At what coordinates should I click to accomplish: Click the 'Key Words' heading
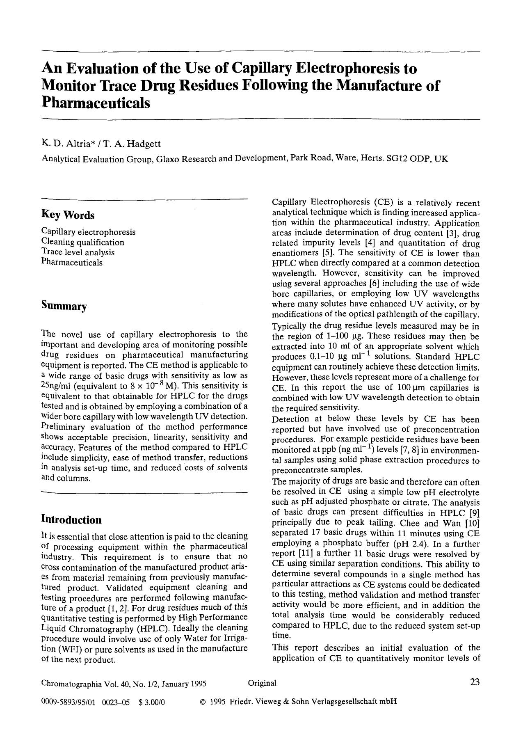(68, 215)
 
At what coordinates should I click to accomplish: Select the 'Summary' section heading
(64, 306)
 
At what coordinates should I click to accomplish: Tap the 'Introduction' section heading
(71, 519)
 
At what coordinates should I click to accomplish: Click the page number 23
(475, 682)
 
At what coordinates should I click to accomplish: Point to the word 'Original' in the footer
(262, 683)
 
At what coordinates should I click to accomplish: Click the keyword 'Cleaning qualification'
(82, 242)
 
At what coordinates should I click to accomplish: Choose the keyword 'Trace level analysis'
(78, 252)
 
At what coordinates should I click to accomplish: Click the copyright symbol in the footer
(202, 702)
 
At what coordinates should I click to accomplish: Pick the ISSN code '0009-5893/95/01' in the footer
(68, 702)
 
